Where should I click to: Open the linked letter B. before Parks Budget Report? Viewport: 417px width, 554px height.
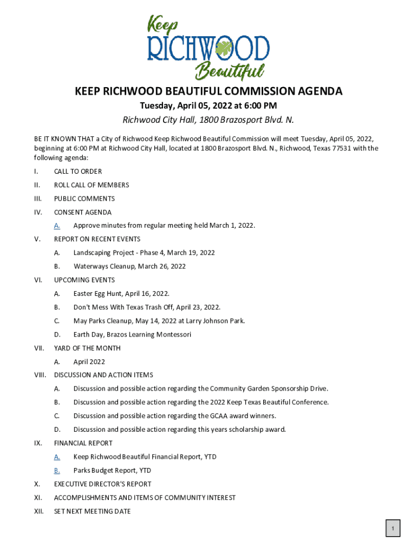57,471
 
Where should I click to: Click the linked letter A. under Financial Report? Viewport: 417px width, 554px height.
57,457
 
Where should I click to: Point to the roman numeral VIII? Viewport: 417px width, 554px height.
40,375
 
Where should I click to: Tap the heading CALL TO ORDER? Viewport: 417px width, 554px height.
77,172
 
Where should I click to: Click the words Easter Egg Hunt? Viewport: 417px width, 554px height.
97,294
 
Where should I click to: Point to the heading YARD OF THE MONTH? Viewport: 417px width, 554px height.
87,348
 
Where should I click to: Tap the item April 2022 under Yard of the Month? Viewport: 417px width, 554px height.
89,362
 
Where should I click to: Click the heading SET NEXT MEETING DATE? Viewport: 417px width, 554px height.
92,511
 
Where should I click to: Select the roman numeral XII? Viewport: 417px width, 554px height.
38,511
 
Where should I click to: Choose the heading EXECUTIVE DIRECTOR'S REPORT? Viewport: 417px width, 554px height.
102,484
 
